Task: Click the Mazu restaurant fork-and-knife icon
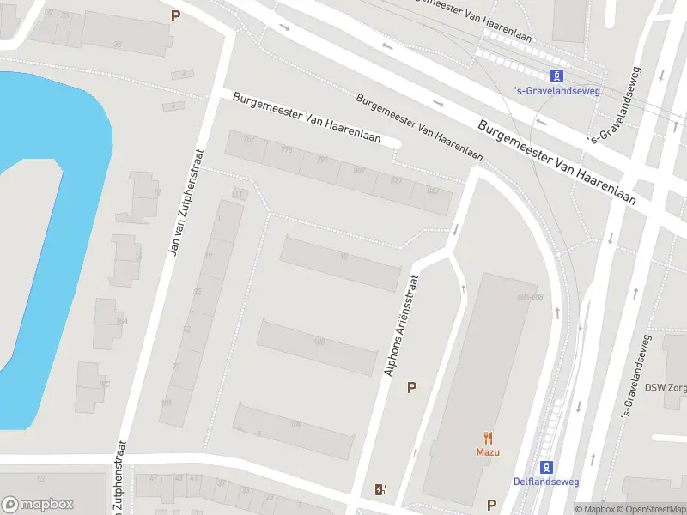[488, 437]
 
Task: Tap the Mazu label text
[488, 451]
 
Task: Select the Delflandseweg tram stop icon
[545, 467]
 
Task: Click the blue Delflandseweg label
[545, 482]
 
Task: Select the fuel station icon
[381, 490]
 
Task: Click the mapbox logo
[39, 505]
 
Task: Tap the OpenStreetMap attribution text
[652, 509]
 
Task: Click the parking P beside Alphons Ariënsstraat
[412, 388]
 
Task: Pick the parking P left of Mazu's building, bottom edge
[492, 505]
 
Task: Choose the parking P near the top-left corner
[176, 15]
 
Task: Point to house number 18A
[122, 320]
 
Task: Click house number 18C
[104, 384]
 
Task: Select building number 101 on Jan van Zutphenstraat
[166, 403]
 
